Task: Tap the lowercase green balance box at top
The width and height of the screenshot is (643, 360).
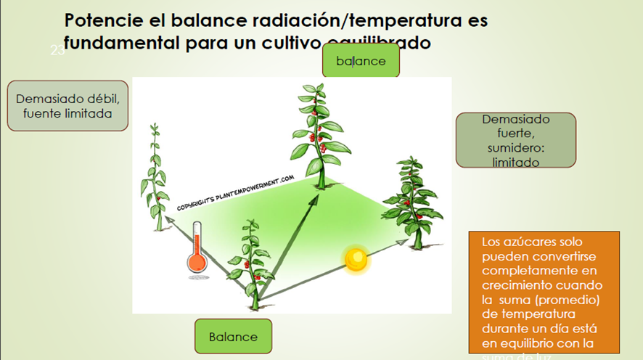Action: click(361, 61)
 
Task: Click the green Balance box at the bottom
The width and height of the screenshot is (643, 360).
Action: click(233, 337)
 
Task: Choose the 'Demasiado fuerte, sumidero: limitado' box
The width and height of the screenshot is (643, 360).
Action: click(515, 140)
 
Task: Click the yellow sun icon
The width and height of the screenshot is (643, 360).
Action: click(356, 259)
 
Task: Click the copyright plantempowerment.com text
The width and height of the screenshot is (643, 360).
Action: click(235, 192)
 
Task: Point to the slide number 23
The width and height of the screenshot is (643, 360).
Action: click(57, 50)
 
